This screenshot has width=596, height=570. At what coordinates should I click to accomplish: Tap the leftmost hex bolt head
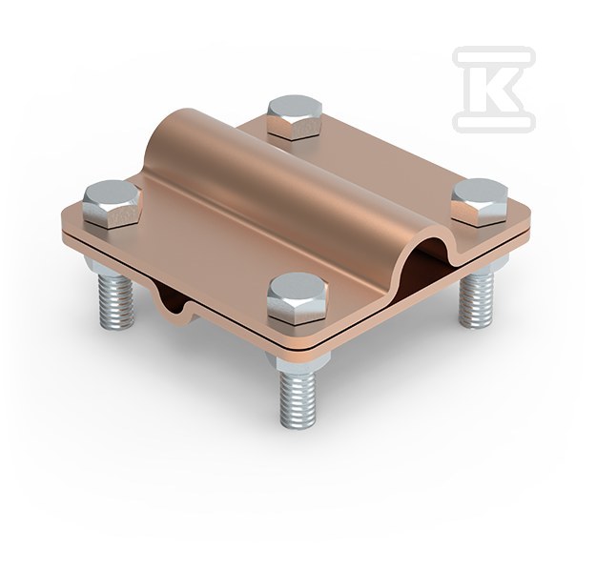click(x=111, y=203)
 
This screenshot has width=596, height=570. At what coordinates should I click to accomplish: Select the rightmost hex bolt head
click(x=480, y=202)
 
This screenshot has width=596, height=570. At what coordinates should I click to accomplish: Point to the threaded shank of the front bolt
click(x=298, y=398)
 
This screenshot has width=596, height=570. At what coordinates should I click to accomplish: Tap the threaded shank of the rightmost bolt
click(x=477, y=300)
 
